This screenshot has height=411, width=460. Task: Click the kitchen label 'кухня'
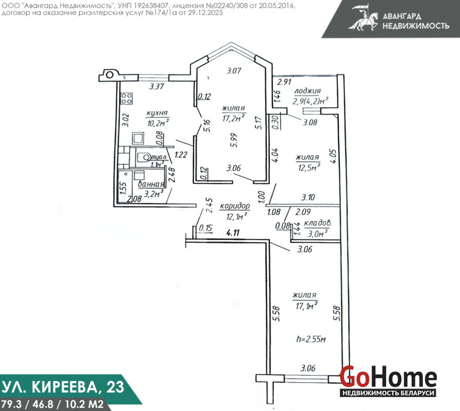click(157, 114)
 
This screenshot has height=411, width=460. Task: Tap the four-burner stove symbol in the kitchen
click(126, 98)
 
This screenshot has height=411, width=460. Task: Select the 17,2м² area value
click(234, 118)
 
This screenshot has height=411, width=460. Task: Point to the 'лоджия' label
click(308, 91)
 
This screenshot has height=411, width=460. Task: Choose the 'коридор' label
click(235, 207)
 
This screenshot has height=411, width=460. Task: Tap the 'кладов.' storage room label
click(318, 223)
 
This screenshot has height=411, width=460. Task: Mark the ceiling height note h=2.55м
click(311, 340)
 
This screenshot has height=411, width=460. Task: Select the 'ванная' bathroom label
click(151, 184)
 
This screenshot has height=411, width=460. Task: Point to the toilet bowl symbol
click(143, 157)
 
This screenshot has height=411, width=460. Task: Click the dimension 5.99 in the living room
click(234, 140)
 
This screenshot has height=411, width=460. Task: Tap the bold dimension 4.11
click(233, 233)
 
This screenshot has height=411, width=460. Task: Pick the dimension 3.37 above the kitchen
click(157, 87)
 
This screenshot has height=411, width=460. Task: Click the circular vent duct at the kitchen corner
click(109, 74)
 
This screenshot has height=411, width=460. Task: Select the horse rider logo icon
click(363, 17)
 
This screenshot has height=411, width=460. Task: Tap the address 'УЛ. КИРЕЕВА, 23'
click(63, 387)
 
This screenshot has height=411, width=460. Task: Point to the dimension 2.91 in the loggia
click(284, 82)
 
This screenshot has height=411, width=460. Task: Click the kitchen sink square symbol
click(138, 139)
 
